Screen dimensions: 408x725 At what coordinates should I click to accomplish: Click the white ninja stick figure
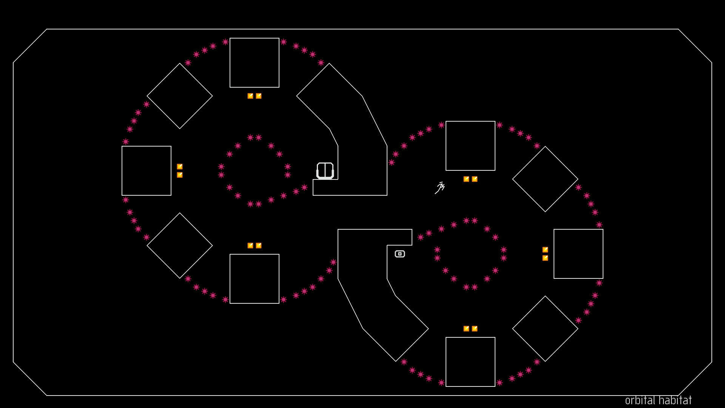(440, 188)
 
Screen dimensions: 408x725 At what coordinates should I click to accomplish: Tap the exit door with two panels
(325, 170)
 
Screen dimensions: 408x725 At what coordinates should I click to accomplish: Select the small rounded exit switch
(400, 254)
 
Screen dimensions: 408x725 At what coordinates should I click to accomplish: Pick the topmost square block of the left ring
(255, 63)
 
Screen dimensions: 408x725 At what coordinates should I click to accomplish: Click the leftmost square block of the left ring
(147, 171)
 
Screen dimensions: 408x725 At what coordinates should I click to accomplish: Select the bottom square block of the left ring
(255, 279)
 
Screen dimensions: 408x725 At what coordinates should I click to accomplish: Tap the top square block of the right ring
(470, 146)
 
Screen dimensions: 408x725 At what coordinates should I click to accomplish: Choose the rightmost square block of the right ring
(578, 254)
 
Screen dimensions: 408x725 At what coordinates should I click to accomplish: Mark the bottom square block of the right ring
(470, 362)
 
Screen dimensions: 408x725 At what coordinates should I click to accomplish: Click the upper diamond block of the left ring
(180, 96)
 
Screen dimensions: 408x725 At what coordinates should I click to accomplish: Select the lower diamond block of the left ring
(180, 246)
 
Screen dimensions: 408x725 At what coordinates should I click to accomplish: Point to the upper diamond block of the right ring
(545, 179)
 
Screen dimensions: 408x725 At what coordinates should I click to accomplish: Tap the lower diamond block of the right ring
(545, 329)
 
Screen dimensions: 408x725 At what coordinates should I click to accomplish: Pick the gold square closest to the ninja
(466, 179)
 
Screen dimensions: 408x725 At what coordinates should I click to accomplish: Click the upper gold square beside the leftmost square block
(180, 167)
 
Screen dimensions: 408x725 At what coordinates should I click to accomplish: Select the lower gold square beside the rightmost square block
(545, 258)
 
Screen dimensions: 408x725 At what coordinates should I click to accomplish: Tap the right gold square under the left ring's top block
(259, 96)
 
